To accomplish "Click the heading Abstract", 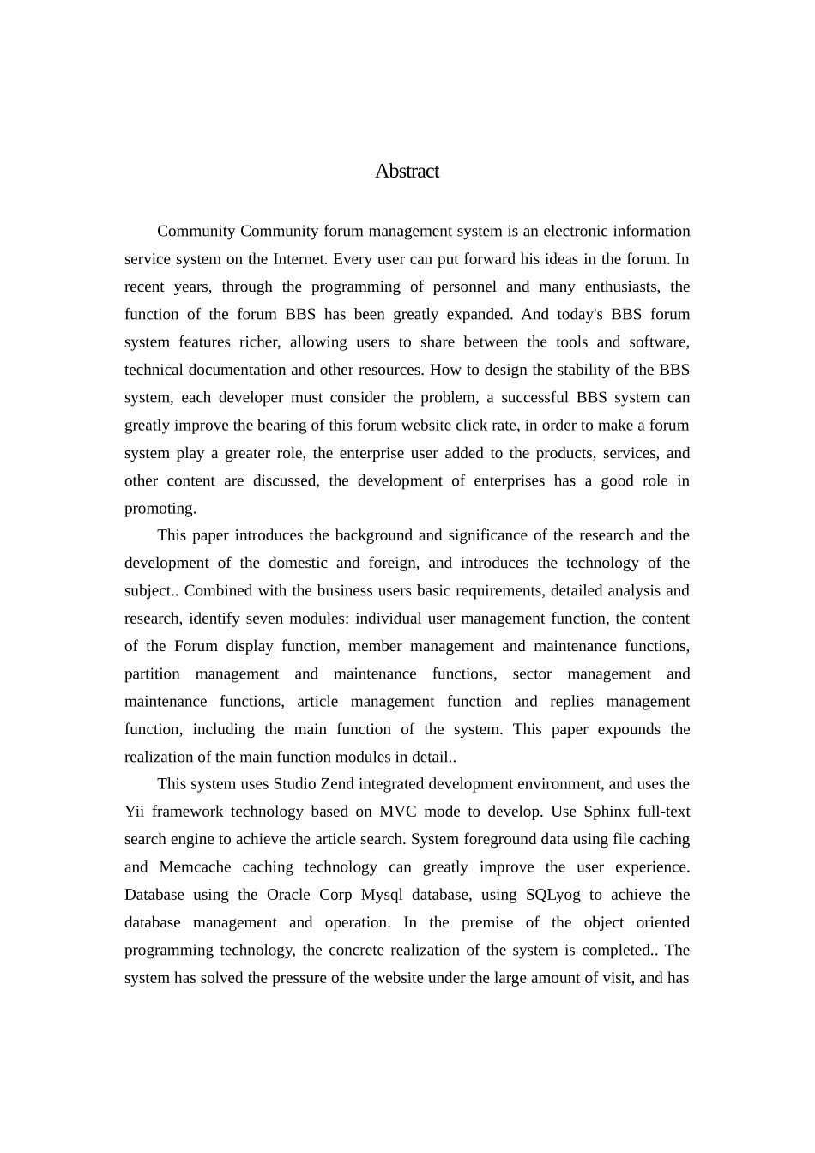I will tap(407, 172).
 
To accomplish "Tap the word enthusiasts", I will tap(620, 287).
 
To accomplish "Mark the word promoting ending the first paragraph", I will tap(160, 509).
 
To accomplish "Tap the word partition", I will tap(152, 674).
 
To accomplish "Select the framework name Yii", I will tap(134, 812).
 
